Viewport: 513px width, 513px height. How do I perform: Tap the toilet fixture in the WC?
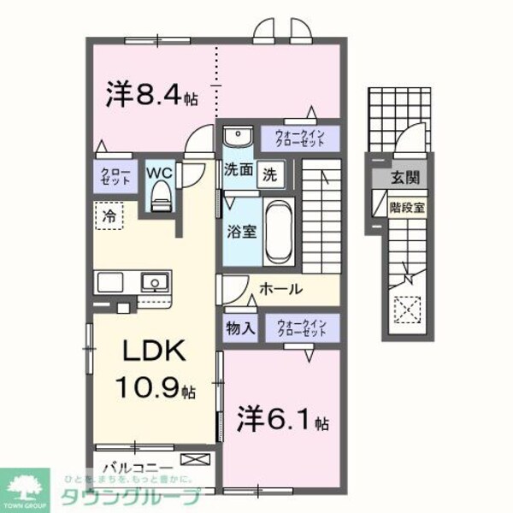(160, 197)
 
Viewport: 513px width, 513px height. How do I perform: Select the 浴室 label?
(239, 230)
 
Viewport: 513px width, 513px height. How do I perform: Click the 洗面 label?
(239, 171)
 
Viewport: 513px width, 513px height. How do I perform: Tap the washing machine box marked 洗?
(268, 171)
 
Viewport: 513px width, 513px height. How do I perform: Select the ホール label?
(280, 289)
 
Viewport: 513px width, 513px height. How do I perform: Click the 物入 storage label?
(239, 327)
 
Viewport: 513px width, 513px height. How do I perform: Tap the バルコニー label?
(138, 468)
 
